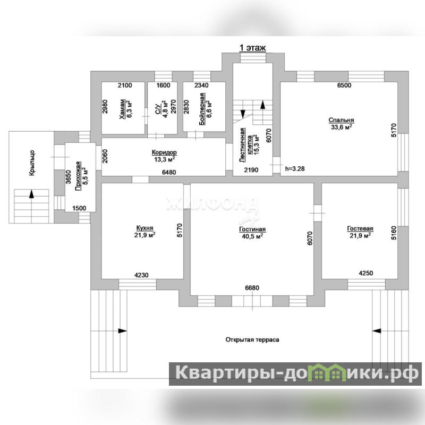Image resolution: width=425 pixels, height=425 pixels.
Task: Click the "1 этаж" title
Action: [252, 48]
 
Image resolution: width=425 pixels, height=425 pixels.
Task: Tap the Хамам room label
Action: [123, 109]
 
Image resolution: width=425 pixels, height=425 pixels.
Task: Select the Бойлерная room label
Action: [202, 109]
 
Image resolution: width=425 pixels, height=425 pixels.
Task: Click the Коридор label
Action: [164, 152]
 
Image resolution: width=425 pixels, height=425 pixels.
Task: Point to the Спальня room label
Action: [341, 120]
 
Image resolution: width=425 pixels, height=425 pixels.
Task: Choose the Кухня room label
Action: [144, 228]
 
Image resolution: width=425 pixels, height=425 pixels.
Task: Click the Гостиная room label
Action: [252, 229]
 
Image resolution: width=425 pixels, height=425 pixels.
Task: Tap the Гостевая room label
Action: [360, 229]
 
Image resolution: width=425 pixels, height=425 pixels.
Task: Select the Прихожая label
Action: [78, 176]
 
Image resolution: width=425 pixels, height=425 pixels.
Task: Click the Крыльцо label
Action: [32, 163]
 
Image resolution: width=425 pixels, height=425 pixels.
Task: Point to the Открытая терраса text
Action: [252, 339]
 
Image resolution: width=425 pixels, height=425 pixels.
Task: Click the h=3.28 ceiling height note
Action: [295, 168]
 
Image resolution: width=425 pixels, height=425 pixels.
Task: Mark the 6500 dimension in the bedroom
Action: [344, 85]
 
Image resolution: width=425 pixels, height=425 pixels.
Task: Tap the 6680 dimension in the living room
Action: [252, 287]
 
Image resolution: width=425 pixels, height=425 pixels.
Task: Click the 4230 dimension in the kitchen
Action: [141, 275]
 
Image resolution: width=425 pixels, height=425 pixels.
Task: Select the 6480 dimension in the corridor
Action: [169, 172]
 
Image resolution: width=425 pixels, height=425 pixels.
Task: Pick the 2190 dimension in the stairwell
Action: [251, 170]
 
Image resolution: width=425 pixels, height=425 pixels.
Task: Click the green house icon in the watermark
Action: [328, 373]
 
